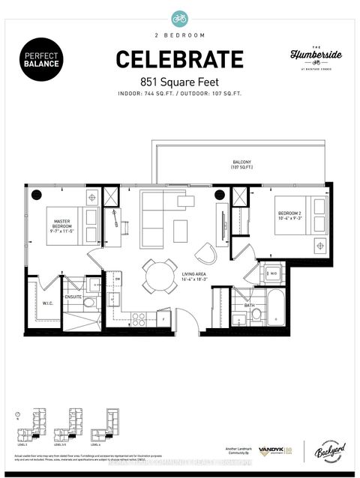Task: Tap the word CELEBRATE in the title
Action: (179, 58)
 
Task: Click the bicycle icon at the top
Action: (179, 16)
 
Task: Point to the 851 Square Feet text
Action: (179, 80)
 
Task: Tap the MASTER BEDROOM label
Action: (62, 225)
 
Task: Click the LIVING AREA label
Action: (195, 278)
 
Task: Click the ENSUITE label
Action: (73, 297)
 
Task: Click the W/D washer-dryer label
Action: (273, 274)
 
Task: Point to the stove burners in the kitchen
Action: (136, 314)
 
